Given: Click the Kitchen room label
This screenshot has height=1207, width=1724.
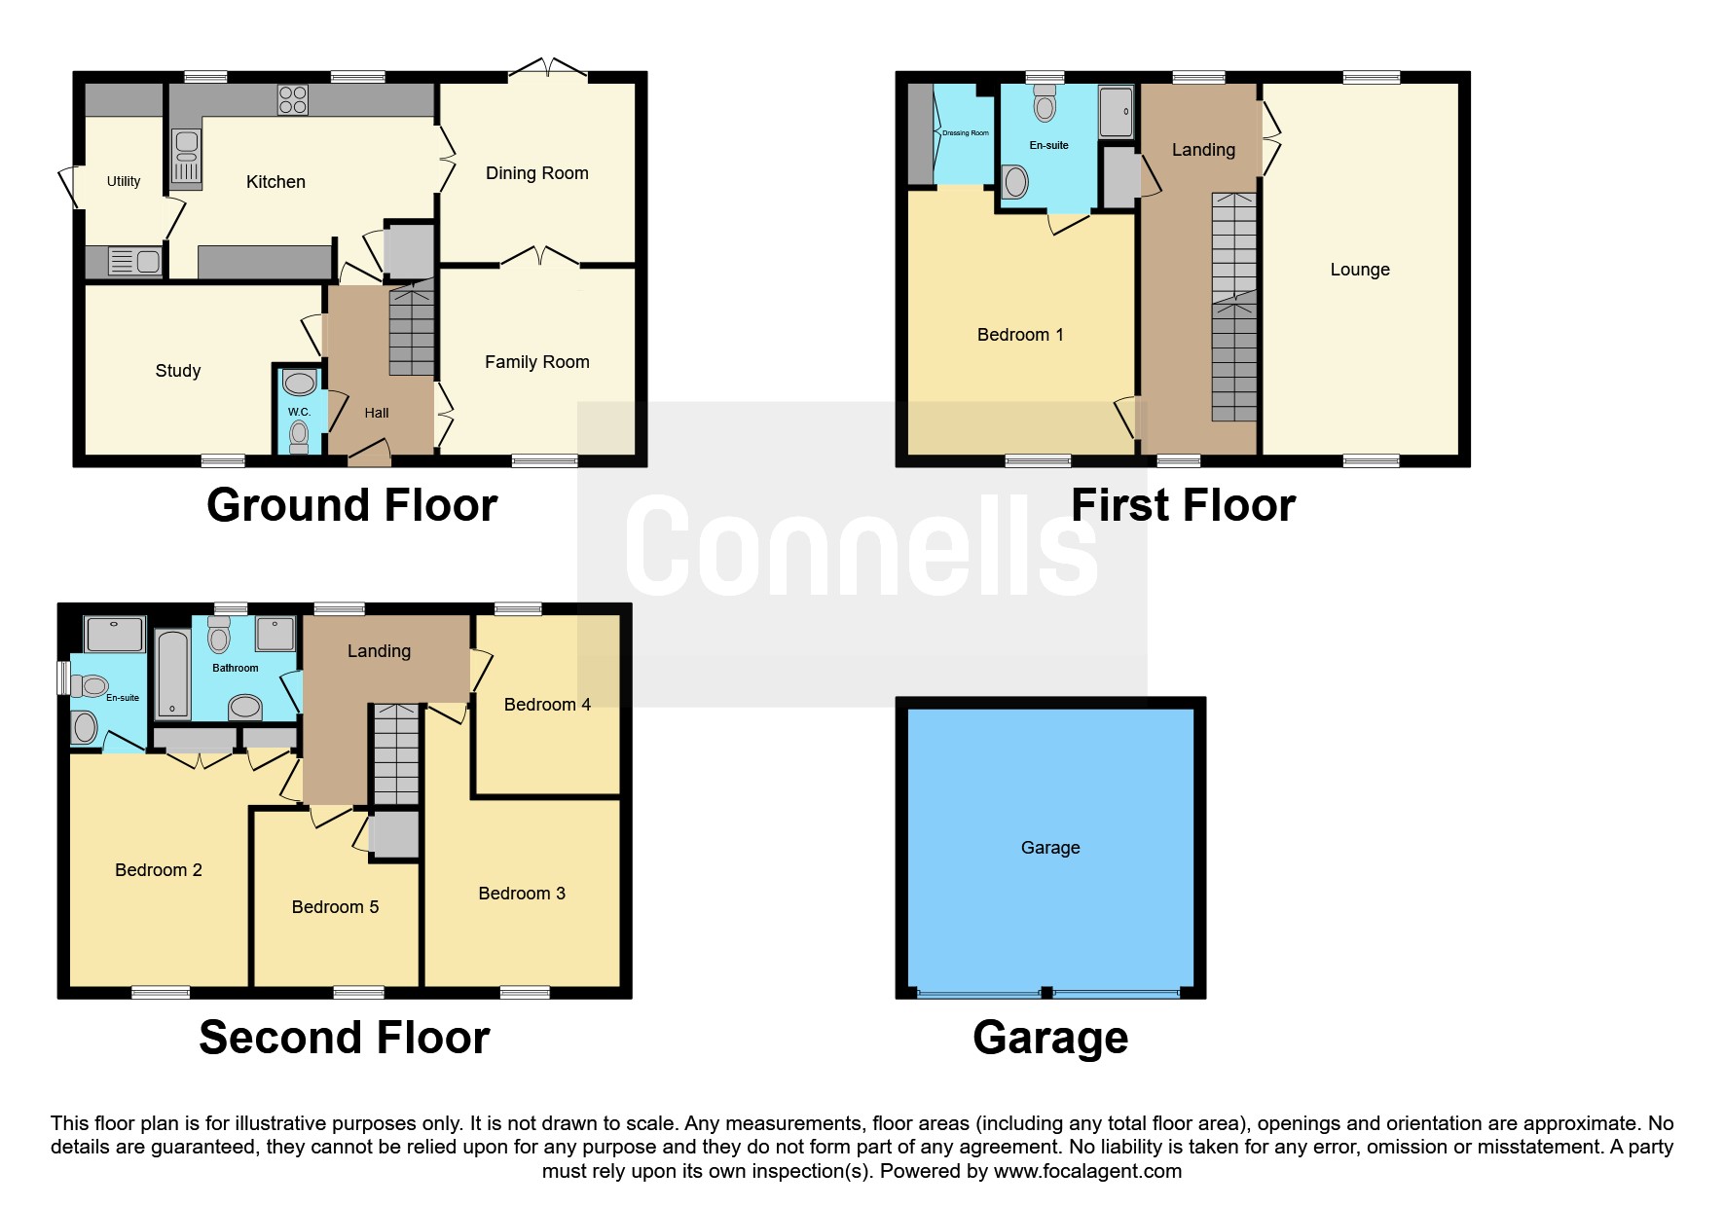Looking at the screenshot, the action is (x=275, y=182).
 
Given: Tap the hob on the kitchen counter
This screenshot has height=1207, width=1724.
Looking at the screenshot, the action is (x=293, y=99).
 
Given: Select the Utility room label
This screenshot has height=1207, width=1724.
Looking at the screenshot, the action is (x=124, y=181).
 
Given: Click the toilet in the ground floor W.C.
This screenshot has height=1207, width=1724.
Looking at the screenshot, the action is (x=299, y=436).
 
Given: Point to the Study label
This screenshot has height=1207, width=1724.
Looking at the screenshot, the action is (x=178, y=371).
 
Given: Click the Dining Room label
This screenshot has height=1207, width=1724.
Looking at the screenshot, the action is (x=537, y=173).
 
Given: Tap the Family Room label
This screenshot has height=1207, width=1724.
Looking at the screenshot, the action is (x=537, y=362).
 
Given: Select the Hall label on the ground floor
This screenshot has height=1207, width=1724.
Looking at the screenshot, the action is (x=377, y=413).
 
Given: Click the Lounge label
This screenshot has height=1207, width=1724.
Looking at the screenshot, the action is (x=1360, y=270).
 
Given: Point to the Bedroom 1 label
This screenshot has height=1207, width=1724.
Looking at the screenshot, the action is (x=1020, y=335).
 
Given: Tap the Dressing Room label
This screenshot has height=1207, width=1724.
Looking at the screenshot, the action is (x=966, y=133).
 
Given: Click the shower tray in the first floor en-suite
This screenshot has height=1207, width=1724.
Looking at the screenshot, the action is (x=1116, y=112).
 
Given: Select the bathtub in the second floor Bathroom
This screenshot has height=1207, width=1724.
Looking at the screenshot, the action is (x=172, y=674).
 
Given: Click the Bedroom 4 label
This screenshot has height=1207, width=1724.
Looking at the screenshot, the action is (x=547, y=705).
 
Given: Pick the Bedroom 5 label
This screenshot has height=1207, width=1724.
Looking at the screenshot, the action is (x=335, y=907).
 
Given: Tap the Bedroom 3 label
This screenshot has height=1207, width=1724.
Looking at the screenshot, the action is (x=522, y=894).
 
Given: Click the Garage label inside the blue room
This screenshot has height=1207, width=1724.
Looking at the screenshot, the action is (x=1050, y=848).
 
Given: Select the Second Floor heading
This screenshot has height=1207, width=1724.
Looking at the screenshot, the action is (x=345, y=1038).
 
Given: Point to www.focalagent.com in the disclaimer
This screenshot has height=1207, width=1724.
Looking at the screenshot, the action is (x=1087, y=1171).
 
